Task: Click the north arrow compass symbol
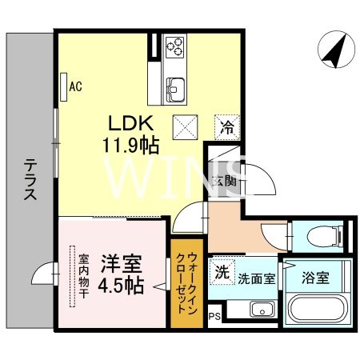point(336,50)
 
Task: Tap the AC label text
point(75,86)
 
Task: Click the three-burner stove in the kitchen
point(174,47)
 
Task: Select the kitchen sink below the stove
point(175,89)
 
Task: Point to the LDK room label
point(130,123)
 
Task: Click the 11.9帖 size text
point(131,146)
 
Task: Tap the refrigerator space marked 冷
point(227,127)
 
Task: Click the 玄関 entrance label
point(224,182)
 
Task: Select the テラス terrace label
point(30,179)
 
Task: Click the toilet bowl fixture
point(325,236)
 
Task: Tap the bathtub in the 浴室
point(317,309)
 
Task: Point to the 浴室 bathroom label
point(315,278)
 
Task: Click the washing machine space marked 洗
point(222,272)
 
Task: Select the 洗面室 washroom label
point(256,279)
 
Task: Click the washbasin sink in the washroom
point(262,310)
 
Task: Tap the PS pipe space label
point(214,317)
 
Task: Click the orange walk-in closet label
point(187,283)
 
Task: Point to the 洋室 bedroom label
point(122,264)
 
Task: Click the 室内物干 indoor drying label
point(84,276)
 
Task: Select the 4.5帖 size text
point(121,285)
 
